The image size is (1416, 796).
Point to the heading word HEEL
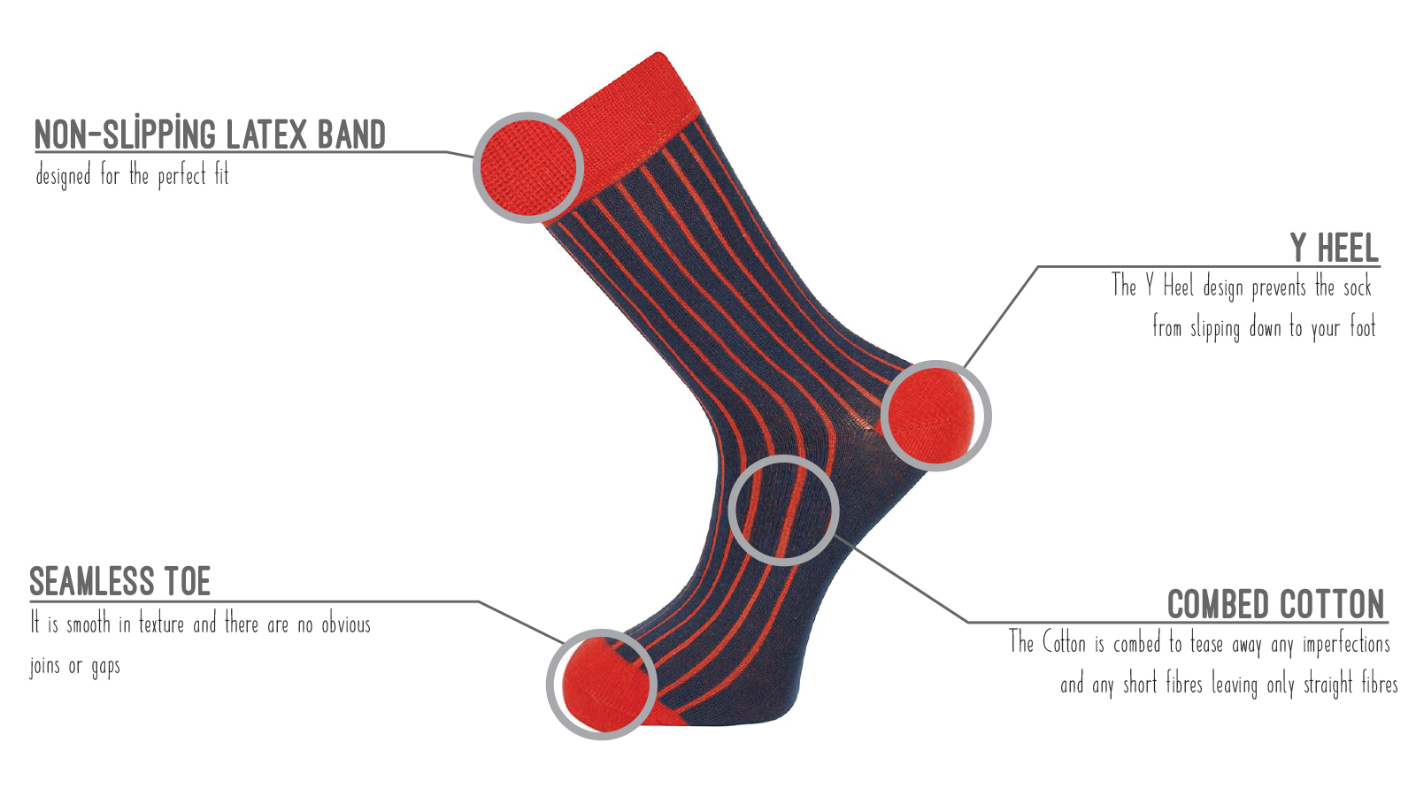click(x=1348, y=248)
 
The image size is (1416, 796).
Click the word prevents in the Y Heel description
click(x=1279, y=288)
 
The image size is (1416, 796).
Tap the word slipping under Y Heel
click(x=1215, y=329)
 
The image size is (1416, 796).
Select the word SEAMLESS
click(x=92, y=582)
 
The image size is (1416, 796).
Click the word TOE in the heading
click(x=187, y=582)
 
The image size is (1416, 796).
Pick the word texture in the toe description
click(x=161, y=624)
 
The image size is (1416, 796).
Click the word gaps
click(x=105, y=667)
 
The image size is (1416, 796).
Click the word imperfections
click(x=1346, y=645)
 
